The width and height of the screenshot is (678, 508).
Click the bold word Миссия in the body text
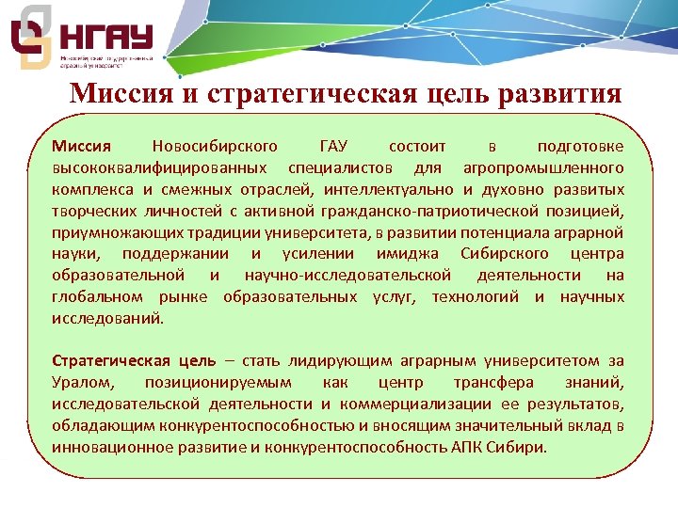(x=81, y=147)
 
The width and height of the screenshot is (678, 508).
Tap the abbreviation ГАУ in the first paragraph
(x=333, y=147)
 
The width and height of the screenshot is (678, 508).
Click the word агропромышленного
(x=542, y=167)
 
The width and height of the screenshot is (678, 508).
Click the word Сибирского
(x=507, y=254)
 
